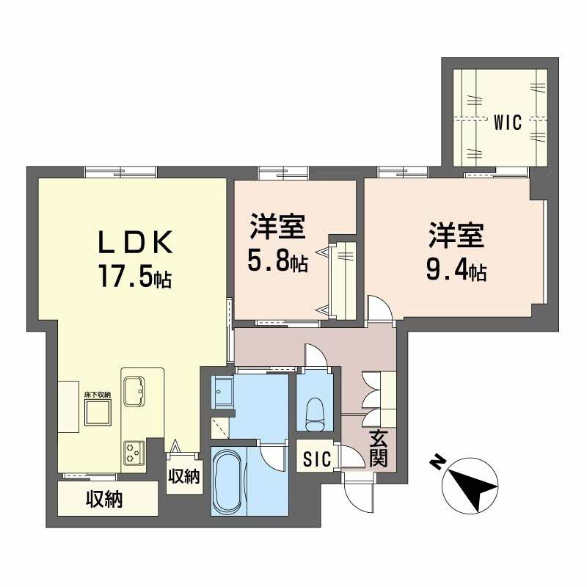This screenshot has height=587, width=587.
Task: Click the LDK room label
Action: (x=135, y=241)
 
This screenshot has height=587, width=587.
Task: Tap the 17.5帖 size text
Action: (x=135, y=276)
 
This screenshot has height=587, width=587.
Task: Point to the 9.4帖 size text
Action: (x=456, y=272)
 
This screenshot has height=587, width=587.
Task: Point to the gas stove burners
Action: (x=134, y=451)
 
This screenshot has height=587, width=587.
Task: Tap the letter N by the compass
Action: (x=437, y=462)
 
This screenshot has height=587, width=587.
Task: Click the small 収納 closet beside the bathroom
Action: (x=183, y=476)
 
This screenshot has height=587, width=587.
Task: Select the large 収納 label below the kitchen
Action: (x=103, y=500)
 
